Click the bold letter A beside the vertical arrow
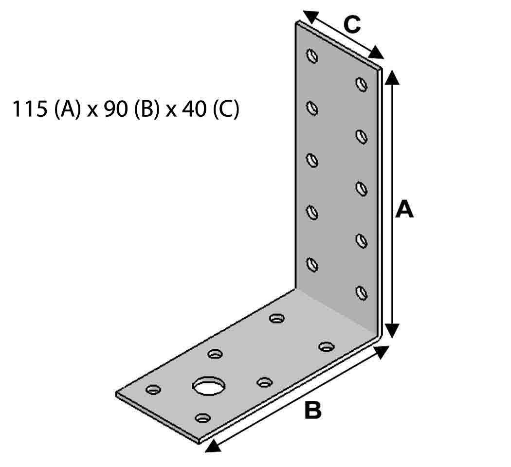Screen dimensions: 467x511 pyautogui.click(x=404, y=210)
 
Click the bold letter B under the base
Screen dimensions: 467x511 pyautogui.click(x=313, y=410)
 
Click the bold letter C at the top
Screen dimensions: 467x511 pyautogui.click(x=351, y=24)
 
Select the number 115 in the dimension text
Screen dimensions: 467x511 pyautogui.click(x=29, y=110)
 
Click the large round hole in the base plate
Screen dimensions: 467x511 pyautogui.click(x=210, y=386)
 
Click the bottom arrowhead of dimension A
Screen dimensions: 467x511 pyautogui.click(x=393, y=331)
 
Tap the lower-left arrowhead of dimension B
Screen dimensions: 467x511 pyautogui.click(x=211, y=446)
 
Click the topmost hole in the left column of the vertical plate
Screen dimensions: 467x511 pyautogui.click(x=312, y=55)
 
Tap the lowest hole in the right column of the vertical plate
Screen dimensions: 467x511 pyautogui.click(x=361, y=293)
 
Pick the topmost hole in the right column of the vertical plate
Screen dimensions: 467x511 pyautogui.click(x=361, y=84)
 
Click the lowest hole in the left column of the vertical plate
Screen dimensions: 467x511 pyautogui.click(x=312, y=264)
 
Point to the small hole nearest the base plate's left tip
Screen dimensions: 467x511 pyautogui.click(x=153, y=389)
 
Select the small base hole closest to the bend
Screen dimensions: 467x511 pyautogui.click(x=277, y=319)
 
